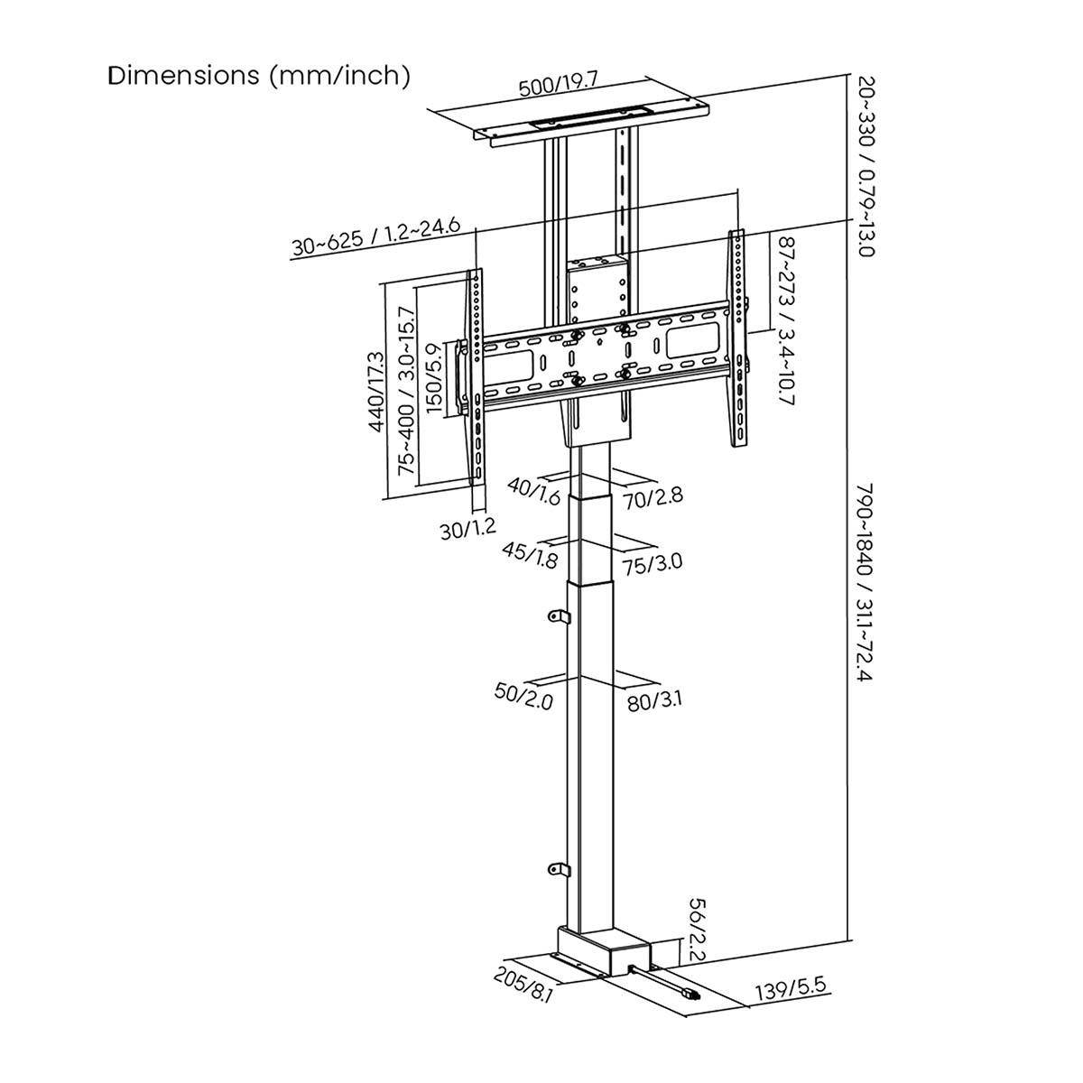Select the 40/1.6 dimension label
click(534, 492)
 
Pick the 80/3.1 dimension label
click(655, 700)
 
